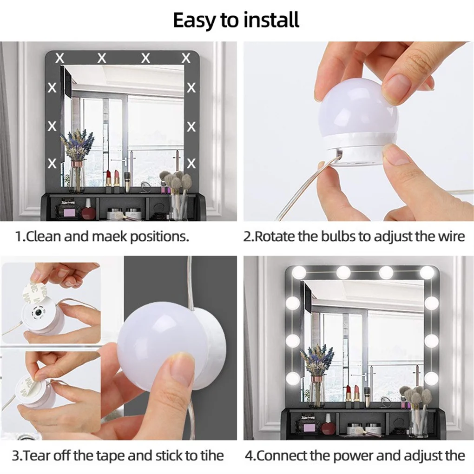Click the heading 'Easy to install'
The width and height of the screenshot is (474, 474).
click(x=236, y=20)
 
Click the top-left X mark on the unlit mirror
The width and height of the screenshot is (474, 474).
click(x=60, y=58)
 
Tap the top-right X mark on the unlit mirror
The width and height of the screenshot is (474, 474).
click(x=186, y=58)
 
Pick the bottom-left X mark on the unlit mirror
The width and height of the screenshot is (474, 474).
click(x=53, y=163)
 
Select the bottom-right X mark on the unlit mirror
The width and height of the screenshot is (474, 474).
click(x=191, y=163)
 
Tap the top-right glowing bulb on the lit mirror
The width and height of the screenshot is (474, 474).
click(x=427, y=272)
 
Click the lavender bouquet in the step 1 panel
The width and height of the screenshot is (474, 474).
click(x=77, y=144)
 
